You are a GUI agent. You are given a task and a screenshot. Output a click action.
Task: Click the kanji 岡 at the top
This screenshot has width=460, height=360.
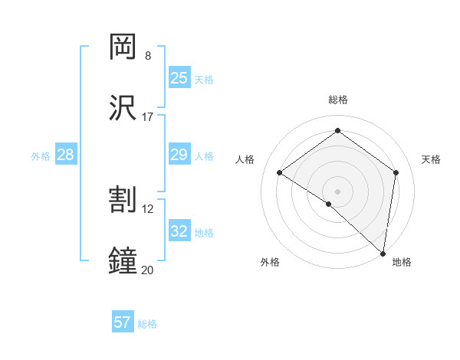click(123, 47)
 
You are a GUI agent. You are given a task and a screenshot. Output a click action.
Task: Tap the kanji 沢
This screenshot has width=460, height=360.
click(123, 108)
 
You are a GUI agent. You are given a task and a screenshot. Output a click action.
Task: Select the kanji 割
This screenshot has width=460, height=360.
click(123, 200)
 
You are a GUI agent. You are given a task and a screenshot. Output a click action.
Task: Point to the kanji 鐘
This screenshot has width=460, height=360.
click(123, 261)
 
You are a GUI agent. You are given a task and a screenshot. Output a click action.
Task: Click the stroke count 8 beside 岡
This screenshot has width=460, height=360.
click(148, 56)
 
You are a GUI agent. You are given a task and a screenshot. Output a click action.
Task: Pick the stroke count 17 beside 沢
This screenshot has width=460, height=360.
click(148, 117)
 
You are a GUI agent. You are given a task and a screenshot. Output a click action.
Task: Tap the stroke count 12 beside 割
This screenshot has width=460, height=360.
click(148, 209)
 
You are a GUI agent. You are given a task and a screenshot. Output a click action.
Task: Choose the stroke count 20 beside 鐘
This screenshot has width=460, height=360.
click(148, 270)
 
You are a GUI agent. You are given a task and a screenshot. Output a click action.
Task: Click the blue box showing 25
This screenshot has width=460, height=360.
click(179, 78)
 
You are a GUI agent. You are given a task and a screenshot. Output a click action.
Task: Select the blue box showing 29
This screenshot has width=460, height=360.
click(179, 155)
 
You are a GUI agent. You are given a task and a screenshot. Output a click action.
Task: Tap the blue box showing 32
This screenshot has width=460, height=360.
click(179, 231)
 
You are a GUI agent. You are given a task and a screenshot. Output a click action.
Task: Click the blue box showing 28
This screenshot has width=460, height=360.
click(66, 155)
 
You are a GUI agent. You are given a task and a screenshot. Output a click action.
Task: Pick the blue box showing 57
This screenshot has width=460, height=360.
click(123, 322)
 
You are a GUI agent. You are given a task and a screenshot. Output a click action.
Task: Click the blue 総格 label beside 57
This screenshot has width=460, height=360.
click(147, 324)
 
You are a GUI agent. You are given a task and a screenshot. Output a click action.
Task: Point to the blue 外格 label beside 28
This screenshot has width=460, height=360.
click(41, 156)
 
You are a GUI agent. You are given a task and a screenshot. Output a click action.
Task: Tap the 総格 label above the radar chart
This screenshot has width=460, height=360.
click(337, 100)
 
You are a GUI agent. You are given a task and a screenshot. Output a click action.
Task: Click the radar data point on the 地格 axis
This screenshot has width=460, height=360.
click(383, 253)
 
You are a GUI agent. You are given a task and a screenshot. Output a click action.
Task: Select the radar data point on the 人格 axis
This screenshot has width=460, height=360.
click(279, 172)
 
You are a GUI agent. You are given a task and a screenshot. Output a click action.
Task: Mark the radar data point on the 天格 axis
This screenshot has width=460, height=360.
click(396, 172)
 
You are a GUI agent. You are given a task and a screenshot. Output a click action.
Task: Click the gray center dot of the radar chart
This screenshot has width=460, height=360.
click(337, 191)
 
